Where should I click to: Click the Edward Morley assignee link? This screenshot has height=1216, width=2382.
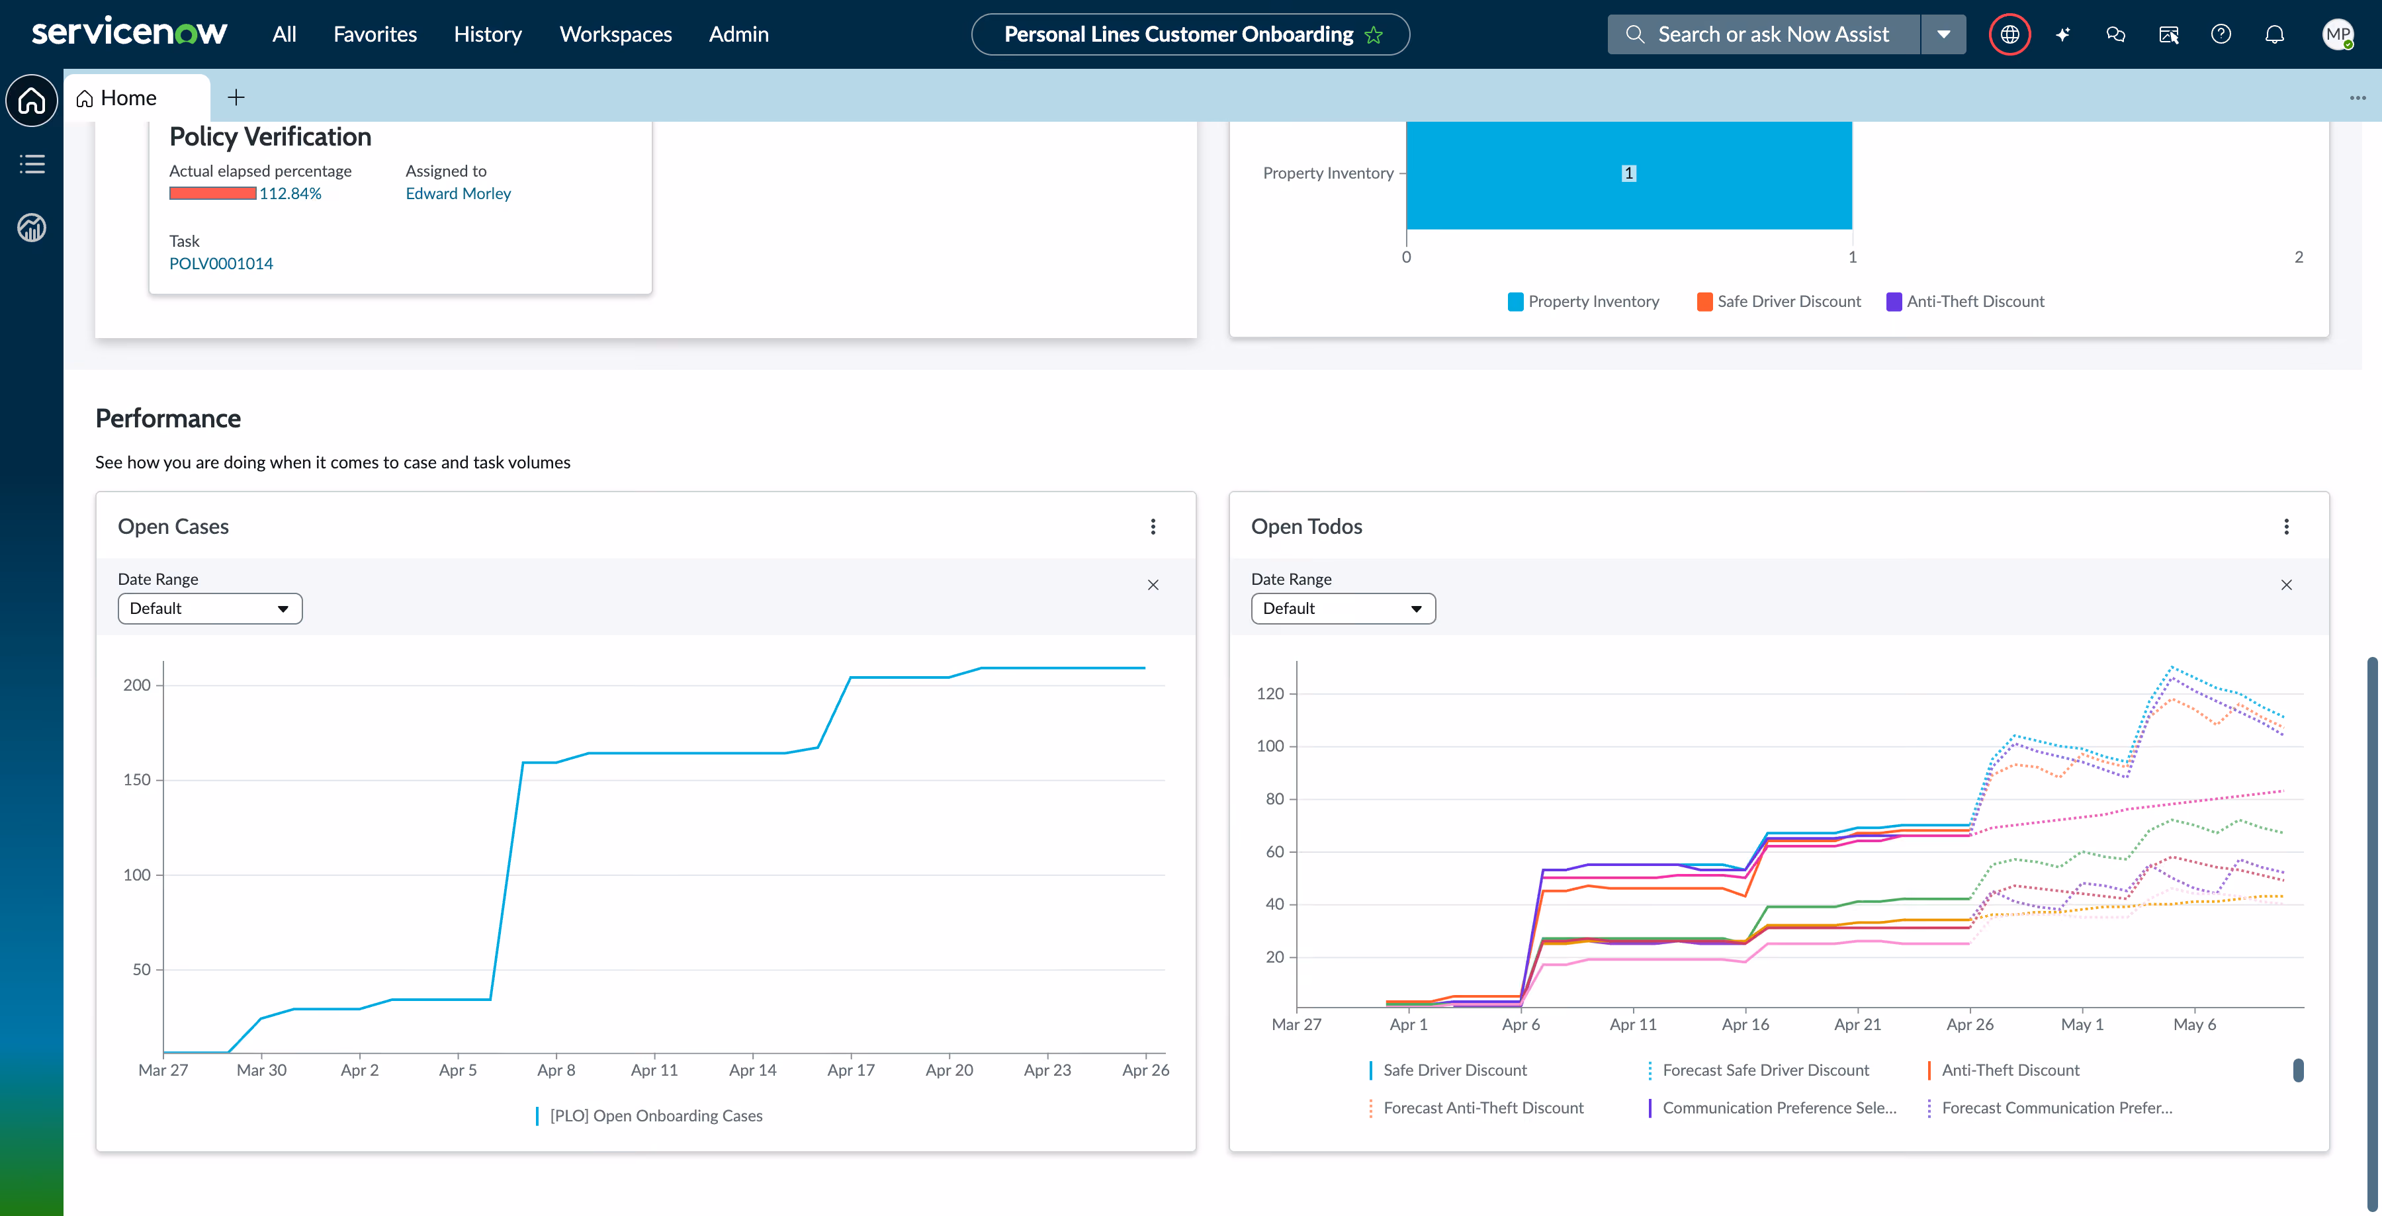[458, 193]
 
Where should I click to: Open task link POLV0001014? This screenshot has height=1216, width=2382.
[221, 263]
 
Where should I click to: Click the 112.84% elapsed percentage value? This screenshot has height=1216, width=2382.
[290, 193]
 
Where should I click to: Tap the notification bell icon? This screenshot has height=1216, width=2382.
[2273, 34]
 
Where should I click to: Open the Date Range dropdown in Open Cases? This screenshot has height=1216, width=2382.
[210, 609]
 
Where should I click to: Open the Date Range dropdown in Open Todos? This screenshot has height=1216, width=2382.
[1343, 609]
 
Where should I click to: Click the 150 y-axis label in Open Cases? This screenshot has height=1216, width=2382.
[137, 779]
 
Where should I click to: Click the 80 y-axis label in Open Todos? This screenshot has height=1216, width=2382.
[1274, 799]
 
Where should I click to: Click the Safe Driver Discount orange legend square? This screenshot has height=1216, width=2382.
[1704, 302]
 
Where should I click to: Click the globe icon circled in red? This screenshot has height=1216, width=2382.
[2009, 34]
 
